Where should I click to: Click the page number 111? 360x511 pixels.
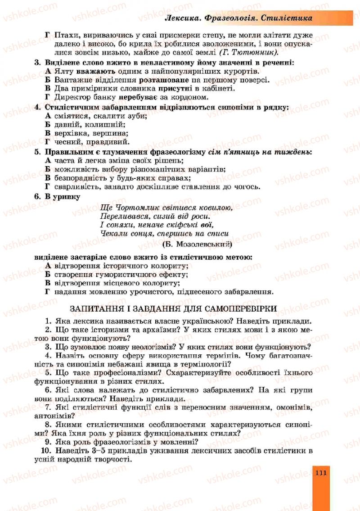(320, 473)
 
